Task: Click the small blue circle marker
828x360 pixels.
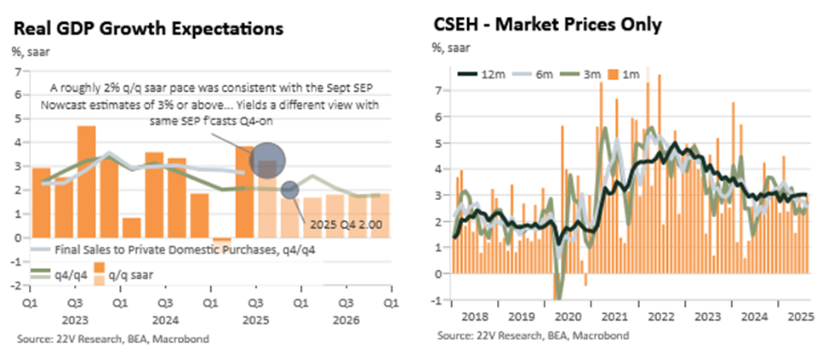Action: pyautogui.click(x=289, y=190)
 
